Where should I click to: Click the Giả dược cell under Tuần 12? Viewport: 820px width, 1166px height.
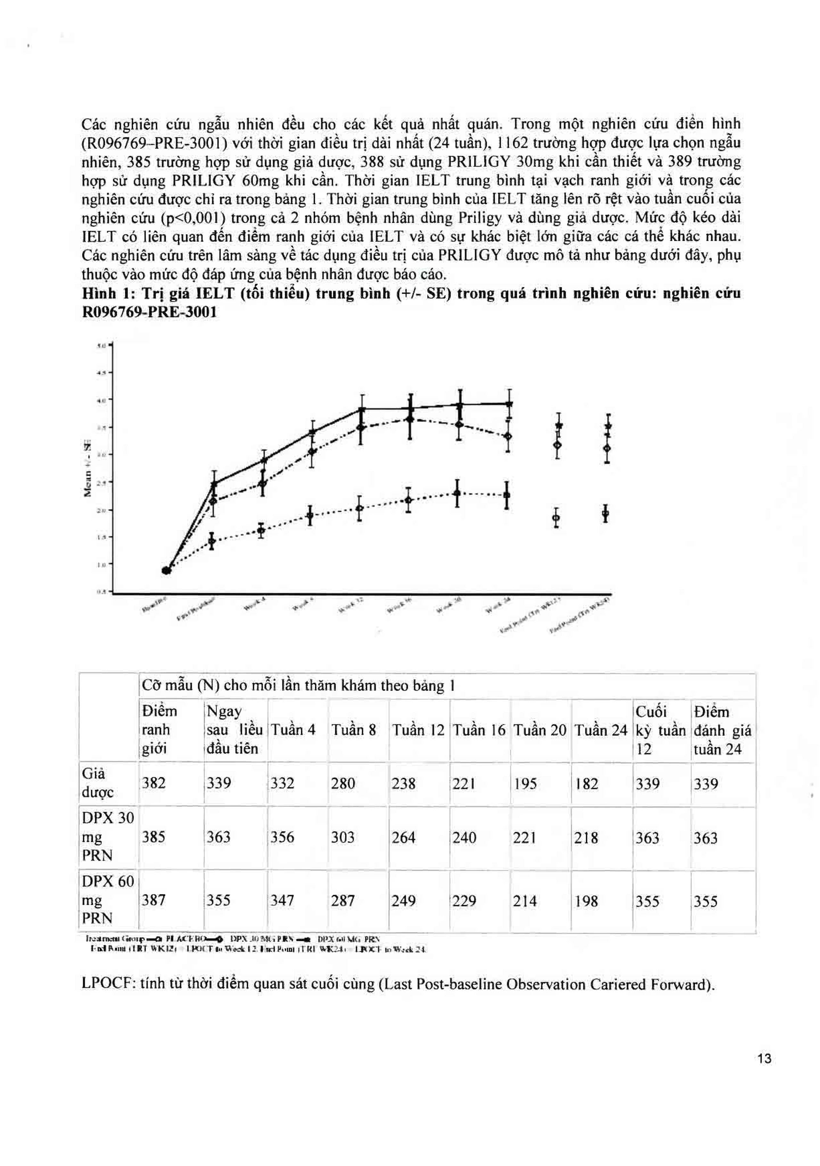coord(403,783)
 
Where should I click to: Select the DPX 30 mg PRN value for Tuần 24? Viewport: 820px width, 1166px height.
coord(586,837)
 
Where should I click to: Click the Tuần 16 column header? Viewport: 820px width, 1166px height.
coord(479,730)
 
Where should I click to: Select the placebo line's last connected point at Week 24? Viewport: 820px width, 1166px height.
coord(506,495)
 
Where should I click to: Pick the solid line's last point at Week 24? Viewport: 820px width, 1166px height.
coord(509,404)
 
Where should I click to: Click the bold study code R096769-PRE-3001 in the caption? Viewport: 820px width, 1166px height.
coord(149,312)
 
